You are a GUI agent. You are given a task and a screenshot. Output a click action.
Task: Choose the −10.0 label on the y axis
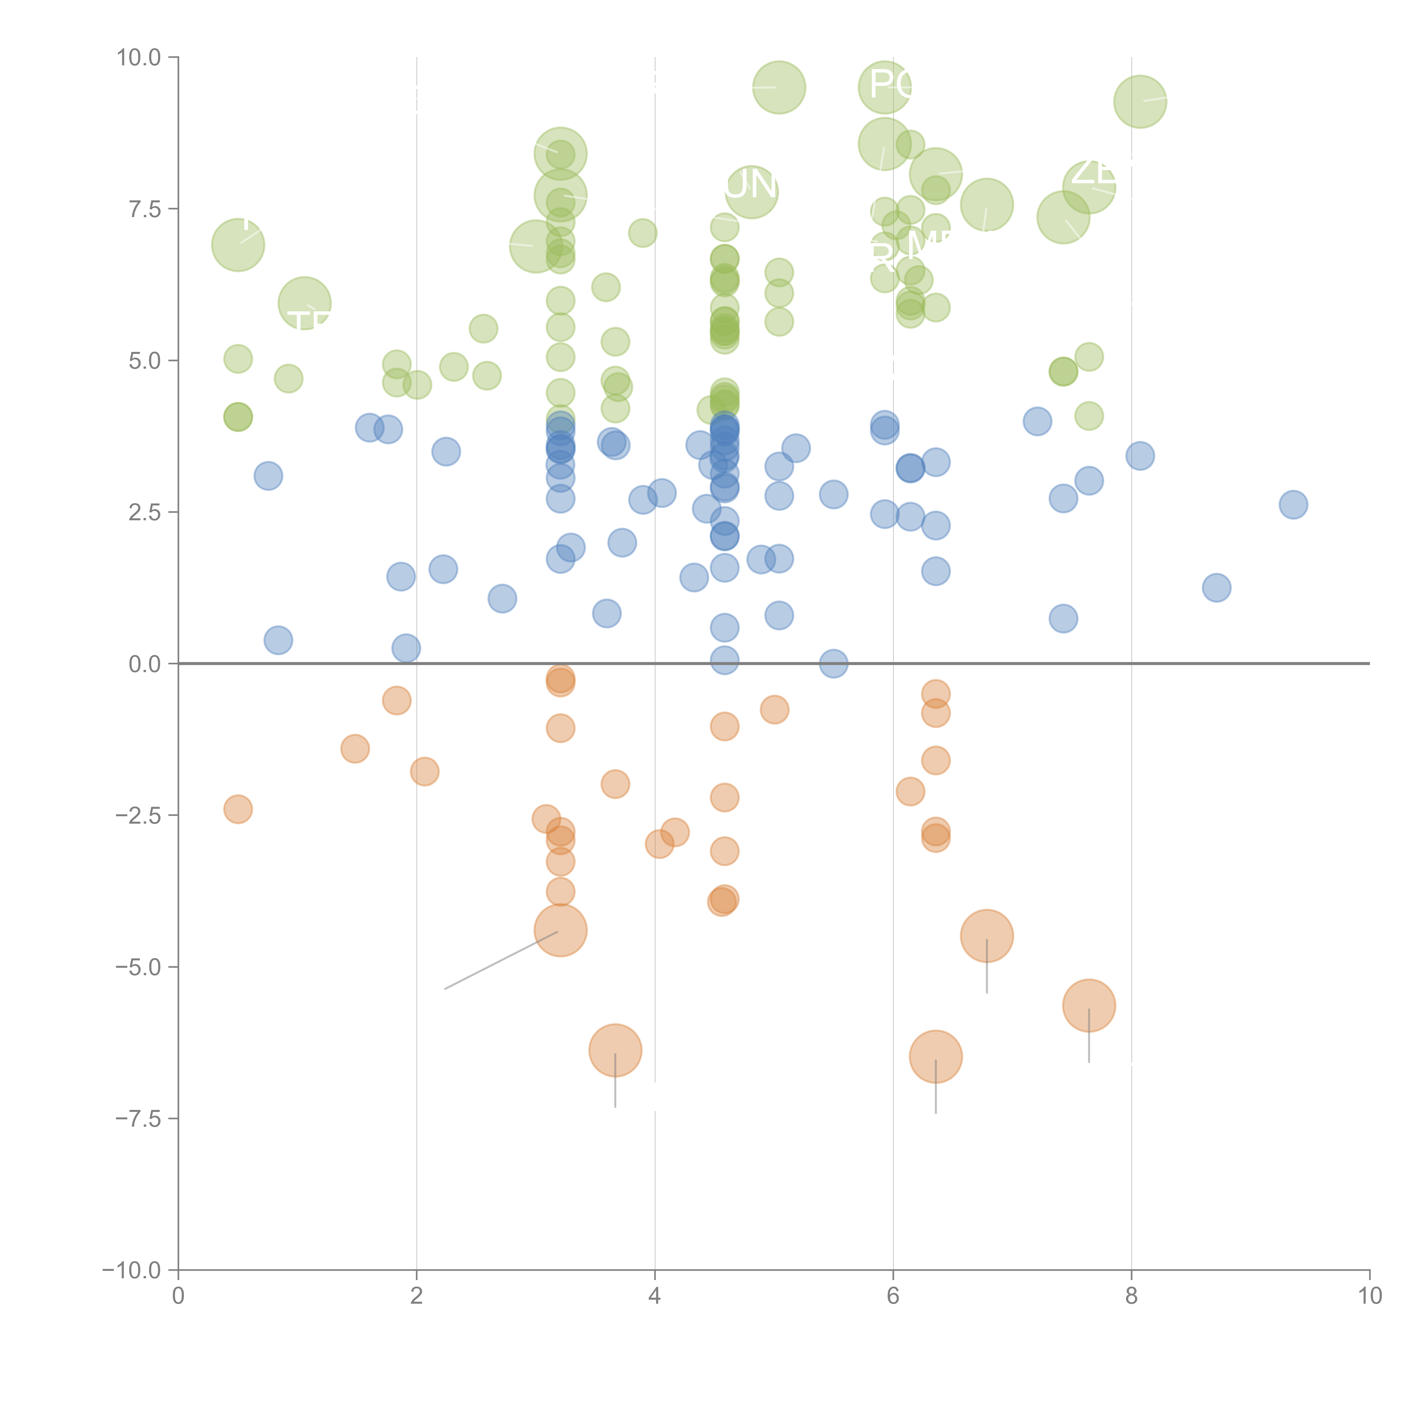[132, 1270]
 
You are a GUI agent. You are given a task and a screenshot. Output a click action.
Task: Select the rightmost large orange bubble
[1089, 1005]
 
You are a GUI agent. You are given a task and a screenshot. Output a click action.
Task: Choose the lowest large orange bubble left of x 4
[615, 1050]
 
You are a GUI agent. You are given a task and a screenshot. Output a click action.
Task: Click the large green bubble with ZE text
[1089, 186]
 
